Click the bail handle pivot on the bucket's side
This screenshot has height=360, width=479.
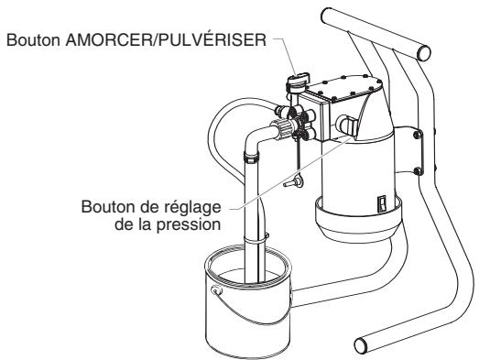[x=214, y=292]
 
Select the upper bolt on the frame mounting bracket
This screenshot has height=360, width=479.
[x=418, y=136]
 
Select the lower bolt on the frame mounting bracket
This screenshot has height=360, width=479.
[x=418, y=170]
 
